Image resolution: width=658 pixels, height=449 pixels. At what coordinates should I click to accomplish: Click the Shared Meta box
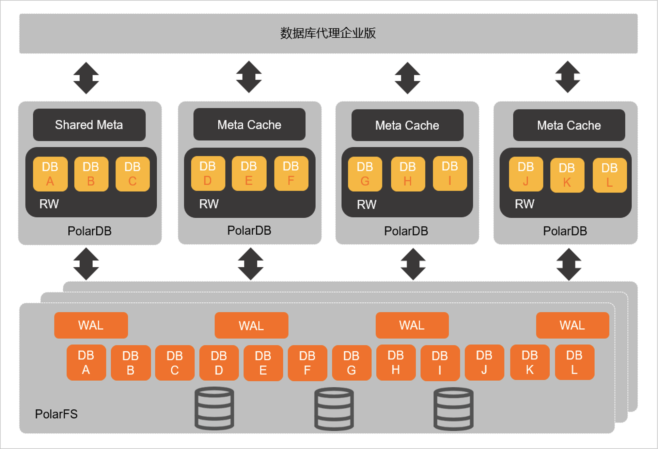pyautogui.click(x=89, y=125)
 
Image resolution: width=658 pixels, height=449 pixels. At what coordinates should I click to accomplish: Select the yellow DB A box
pyautogui.click(x=50, y=174)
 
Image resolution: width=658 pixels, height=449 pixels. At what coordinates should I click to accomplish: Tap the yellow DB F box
pyautogui.click(x=291, y=173)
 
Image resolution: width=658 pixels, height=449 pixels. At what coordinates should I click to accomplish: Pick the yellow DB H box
pyautogui.click(x=408, y=174)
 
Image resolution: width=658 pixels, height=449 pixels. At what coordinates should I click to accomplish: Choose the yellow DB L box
pyautogui.click(x=610, y=175)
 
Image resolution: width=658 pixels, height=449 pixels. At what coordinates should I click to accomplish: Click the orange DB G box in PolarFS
pyautogui.click(x=352, y=363)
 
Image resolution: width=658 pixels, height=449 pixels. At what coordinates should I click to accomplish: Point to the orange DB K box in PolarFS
pyautogui.click(x=530, y=362)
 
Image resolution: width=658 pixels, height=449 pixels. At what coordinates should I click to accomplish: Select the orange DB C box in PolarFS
pyautogui.click(x=175, y=363)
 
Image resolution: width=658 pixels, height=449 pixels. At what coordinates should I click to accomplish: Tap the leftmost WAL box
pyautogui.click(x=91, y=325)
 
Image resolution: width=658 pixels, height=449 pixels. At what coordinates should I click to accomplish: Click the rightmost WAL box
pyautogui.click(x=572, y=325)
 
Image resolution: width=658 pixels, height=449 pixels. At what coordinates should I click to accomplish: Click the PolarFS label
pyautogui.click(x=56, y=414)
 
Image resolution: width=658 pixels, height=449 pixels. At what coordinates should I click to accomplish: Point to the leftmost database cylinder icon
pyautogui.click(x=214, y=408)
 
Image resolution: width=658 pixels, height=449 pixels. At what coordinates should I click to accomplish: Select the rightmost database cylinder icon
pyautogui.click(x=453, y=409)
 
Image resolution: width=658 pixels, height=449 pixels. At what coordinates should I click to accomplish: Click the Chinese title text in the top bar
pyautogui.click(x=328, y=33)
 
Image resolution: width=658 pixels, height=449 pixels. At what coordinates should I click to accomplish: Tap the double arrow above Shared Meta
pyautogui.click(x=86, y=78)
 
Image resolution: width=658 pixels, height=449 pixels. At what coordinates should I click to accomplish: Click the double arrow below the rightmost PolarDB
pyautogui.click(x=569, y=264)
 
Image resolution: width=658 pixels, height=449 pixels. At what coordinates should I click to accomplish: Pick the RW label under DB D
pyautogui.click(x=209, y=204)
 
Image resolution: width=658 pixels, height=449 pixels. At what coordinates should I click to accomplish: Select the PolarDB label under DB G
pyautogui.click(x=406, y=231)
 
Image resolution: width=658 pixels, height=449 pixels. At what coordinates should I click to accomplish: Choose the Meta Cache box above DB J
pyautogui.click(x=569, y=125)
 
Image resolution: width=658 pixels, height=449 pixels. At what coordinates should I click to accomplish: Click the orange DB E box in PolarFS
pyautogui.click(x=263, y=363)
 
